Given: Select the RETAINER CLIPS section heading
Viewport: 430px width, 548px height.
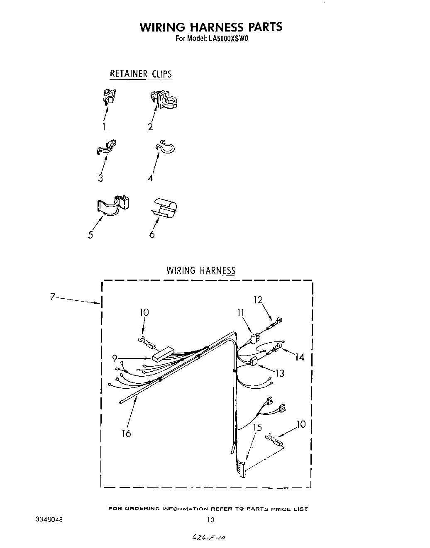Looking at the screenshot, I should pos(140,74).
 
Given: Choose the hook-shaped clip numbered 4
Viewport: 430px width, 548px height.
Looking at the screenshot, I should pos(166,147).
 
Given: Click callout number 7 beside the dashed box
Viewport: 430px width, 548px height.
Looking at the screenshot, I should pos(53,297).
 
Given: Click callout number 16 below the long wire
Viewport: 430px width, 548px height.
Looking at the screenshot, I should pos(127,434).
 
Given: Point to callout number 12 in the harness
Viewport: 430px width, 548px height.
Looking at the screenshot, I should pos(258,300).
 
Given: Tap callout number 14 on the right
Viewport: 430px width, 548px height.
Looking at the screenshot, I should pos(300,357).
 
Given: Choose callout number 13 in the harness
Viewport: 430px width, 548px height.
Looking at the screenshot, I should pos(280,373).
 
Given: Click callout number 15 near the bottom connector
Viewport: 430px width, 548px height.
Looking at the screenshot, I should pos(257,427).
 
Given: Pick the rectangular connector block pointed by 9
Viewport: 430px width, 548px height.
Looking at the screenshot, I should pos(162,354).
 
